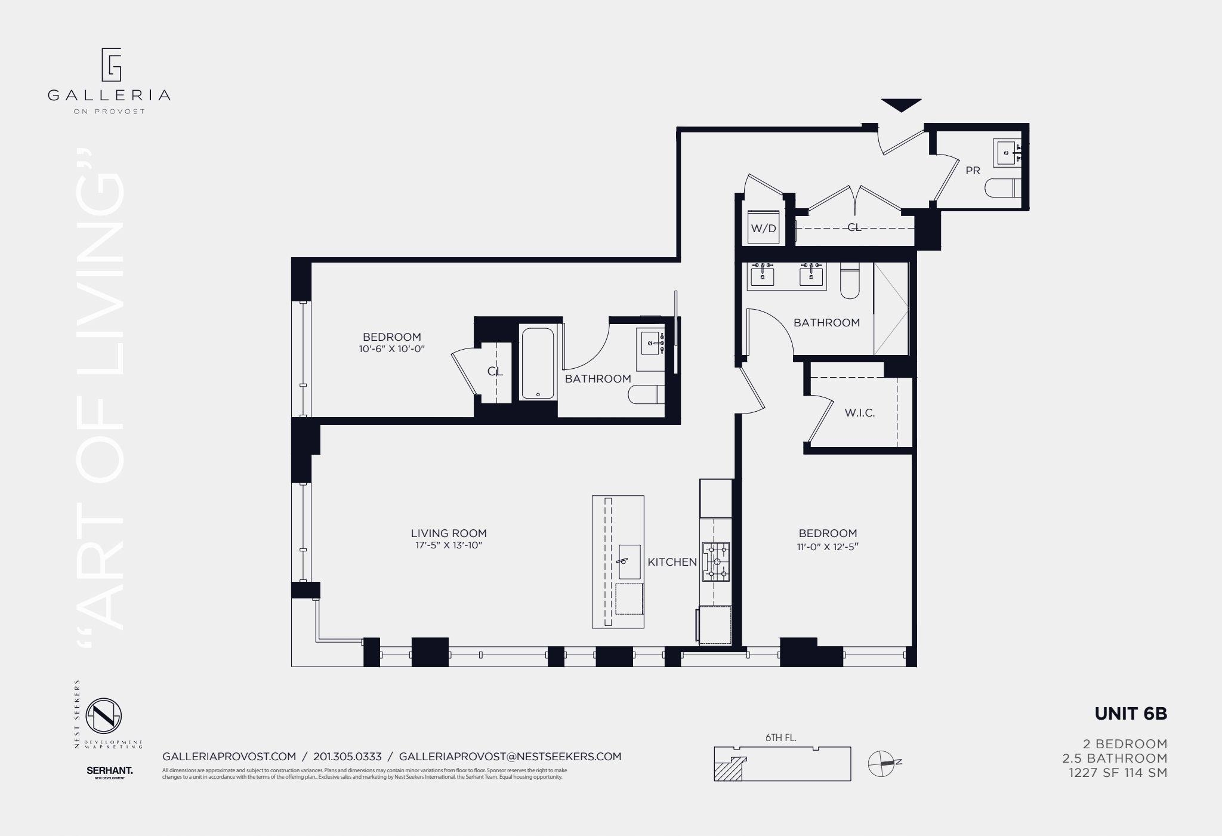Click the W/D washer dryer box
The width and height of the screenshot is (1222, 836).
pyautogui.click(x=764, y=228)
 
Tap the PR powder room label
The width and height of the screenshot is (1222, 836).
pyautogui.click(x=973, y=171)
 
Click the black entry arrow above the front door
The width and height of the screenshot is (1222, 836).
pyautogui.click(x=901, y=105)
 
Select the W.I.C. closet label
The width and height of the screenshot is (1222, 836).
pyautogui.click(x=860, y=413)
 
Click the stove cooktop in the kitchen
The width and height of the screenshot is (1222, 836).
pyautogui.click(x=716, y=562)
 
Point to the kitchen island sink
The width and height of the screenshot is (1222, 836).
pyautogui.click(x=629, y=562)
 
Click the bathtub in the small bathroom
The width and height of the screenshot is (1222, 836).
pyautogui.click(x=538, y=363)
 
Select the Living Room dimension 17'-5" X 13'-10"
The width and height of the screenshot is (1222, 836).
pyautogui.click(x=449, y=545)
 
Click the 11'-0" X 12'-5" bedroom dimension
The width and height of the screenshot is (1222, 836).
pyautogui.click(x=828, y=547)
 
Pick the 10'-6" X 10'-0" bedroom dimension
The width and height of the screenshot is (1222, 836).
pyautogui.click(x=391, y=350)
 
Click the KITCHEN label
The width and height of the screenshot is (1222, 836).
pyautogui.click(x=672, y=562)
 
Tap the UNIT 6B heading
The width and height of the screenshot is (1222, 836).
pyautogui.click(x=1130, y=714)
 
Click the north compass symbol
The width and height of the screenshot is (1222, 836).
pyautogui.click(x=884, y=763)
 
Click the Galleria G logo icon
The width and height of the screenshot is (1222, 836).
pyautogui.click(x=111, y=64)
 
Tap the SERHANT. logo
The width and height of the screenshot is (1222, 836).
pyautogui.click(x=110, y=771)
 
